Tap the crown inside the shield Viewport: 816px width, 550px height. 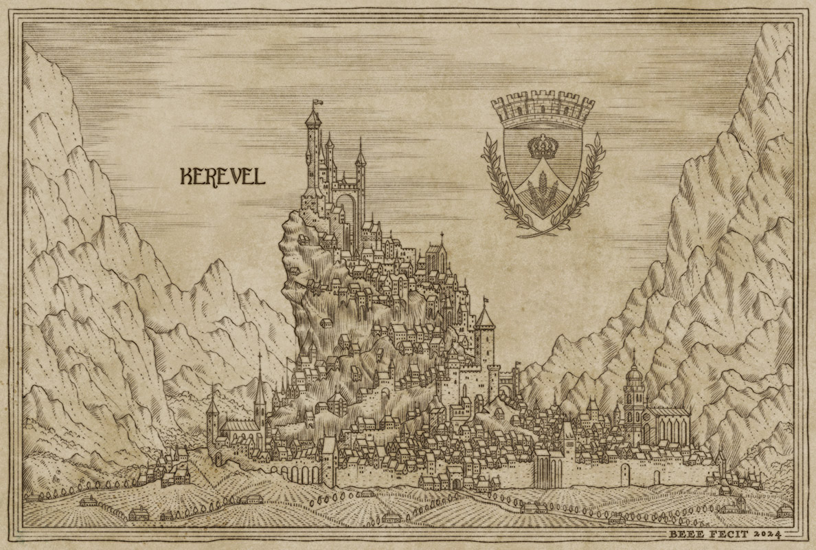coord(543,146)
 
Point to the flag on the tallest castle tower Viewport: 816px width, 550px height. coord(317,104)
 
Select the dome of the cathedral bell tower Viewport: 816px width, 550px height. coord(634,375)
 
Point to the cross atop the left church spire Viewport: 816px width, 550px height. coord(260,357)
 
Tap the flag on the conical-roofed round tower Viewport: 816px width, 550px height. coord(486,300)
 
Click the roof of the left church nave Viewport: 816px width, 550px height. coord(238,427)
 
